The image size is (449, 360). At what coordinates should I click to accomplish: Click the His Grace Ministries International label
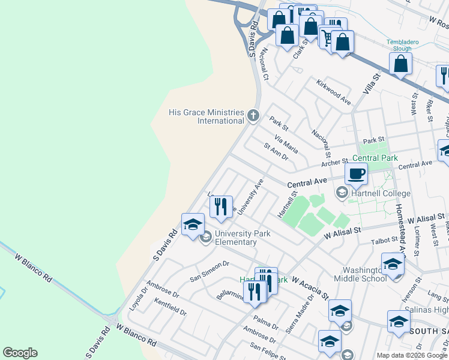point(206,116)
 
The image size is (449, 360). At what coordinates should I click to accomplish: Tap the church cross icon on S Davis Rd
point(253,115)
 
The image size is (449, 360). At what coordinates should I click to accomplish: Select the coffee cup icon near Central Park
point(356,174)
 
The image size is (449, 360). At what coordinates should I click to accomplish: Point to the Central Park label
point(375,158)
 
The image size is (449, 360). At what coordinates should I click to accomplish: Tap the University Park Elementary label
point(235,238)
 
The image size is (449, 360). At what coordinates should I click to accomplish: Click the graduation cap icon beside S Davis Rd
point(192,225)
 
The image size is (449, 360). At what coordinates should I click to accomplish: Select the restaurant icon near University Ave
point(221,206)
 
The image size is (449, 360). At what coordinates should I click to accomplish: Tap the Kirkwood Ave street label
point(333,95)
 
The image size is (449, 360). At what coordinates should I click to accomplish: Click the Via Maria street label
point(286,144)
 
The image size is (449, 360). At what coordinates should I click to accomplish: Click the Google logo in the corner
point(20,353)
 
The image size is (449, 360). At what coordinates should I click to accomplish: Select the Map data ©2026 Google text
point(412,355)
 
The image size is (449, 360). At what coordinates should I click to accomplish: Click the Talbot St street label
point(384,241)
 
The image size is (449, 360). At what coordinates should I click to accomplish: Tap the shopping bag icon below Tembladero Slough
point(400,63)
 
